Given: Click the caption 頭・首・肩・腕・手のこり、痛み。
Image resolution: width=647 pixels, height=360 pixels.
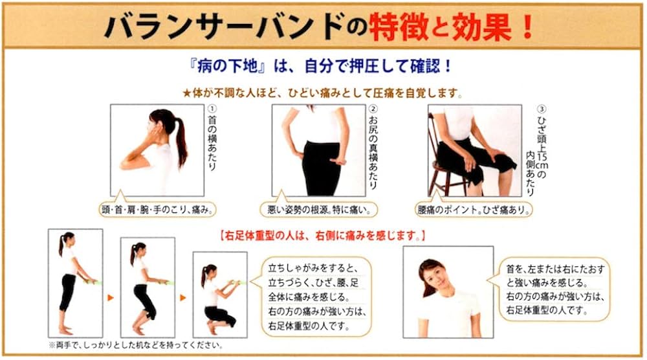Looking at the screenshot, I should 158,210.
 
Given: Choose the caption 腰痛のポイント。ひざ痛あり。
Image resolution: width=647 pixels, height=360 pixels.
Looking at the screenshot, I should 474,210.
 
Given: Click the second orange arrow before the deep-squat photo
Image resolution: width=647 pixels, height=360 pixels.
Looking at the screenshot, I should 183,297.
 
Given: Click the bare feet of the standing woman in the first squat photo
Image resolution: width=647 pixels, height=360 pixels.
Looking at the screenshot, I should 66,330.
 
